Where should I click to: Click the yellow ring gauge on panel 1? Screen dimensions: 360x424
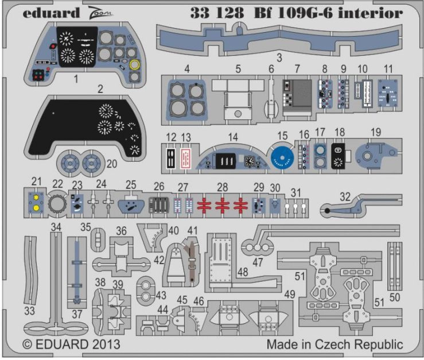pyautogui.click(x=135, y=65)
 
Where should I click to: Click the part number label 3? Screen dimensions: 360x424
pyautogui.click(x=278, y=57)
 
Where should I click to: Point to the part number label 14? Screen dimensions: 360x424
pyautogui.click(x=232, y=138)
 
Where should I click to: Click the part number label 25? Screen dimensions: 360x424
pyautogui.click(x=131, y=184)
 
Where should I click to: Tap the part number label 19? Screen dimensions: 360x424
pyautogui.click(x=376, y=133)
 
